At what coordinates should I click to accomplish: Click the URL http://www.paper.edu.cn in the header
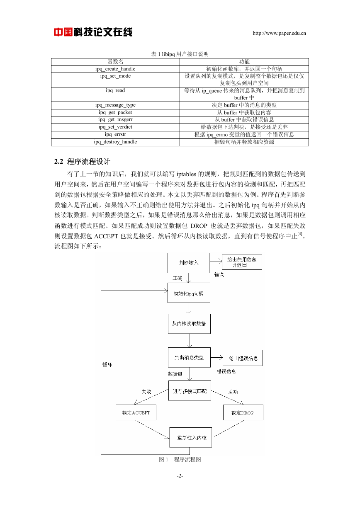coord(279,33)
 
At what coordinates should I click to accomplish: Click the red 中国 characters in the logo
coord(63,32)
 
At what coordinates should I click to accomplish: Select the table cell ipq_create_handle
coord(115,69)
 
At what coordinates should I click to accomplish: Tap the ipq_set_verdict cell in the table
coord(115,127)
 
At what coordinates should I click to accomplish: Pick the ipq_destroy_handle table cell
coord(115,142)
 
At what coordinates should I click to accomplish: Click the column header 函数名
coord(115,62)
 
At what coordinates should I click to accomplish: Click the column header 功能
coord(244,62)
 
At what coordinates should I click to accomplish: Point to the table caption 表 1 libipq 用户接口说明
coord(180,54)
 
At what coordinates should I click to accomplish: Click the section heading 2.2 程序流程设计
coord(82,162)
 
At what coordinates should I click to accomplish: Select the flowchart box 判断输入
coord(188,263)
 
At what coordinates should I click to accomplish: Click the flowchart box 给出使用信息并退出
coord(242,262)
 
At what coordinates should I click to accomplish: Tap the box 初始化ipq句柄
coord(189,293)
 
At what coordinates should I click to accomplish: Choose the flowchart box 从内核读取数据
coord(189,324)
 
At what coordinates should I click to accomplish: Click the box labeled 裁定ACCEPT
coord(136,412)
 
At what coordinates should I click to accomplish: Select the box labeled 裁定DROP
coord(243,412)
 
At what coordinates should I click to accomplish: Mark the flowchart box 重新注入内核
coord(190,438)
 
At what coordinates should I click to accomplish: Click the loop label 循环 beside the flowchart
coord(107,365)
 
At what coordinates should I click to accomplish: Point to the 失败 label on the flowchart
coord(146,392)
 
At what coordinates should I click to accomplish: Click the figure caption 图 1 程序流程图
coord(180,459)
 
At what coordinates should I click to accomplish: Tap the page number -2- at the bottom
coord(180,475)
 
